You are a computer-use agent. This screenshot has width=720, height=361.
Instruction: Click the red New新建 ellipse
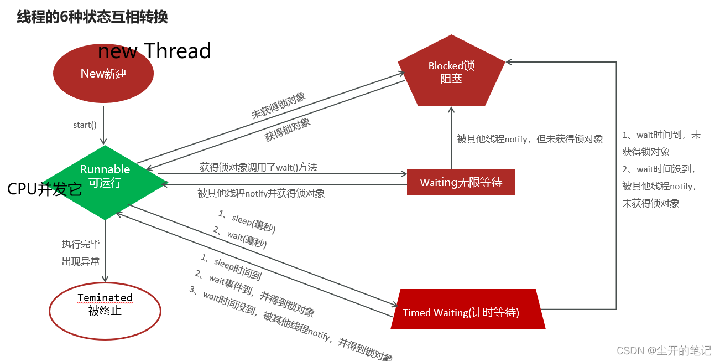103,74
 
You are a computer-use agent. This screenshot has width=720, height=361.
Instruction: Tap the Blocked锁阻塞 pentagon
451,73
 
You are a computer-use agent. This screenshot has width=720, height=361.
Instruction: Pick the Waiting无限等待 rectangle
461,182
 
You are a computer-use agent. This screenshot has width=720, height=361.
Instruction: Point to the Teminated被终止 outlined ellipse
105,310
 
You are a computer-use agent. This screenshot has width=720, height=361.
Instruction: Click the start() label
85,125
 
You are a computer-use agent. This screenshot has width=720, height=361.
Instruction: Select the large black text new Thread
155,51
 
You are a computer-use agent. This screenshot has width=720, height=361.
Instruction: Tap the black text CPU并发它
45,189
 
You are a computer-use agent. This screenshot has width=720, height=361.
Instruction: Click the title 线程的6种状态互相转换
92,17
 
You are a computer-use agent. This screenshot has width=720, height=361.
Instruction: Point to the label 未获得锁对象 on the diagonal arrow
279,106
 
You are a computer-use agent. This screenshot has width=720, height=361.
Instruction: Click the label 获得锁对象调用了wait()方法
258,167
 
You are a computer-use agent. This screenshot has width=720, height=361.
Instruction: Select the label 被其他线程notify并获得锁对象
261,193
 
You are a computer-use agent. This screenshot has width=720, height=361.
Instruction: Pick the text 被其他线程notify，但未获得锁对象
530,140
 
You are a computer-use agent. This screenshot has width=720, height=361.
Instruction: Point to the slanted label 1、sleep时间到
231,266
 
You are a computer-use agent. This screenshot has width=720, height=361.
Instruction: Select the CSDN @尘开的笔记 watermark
664,350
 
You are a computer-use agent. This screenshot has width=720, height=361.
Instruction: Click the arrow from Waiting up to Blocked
451,138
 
